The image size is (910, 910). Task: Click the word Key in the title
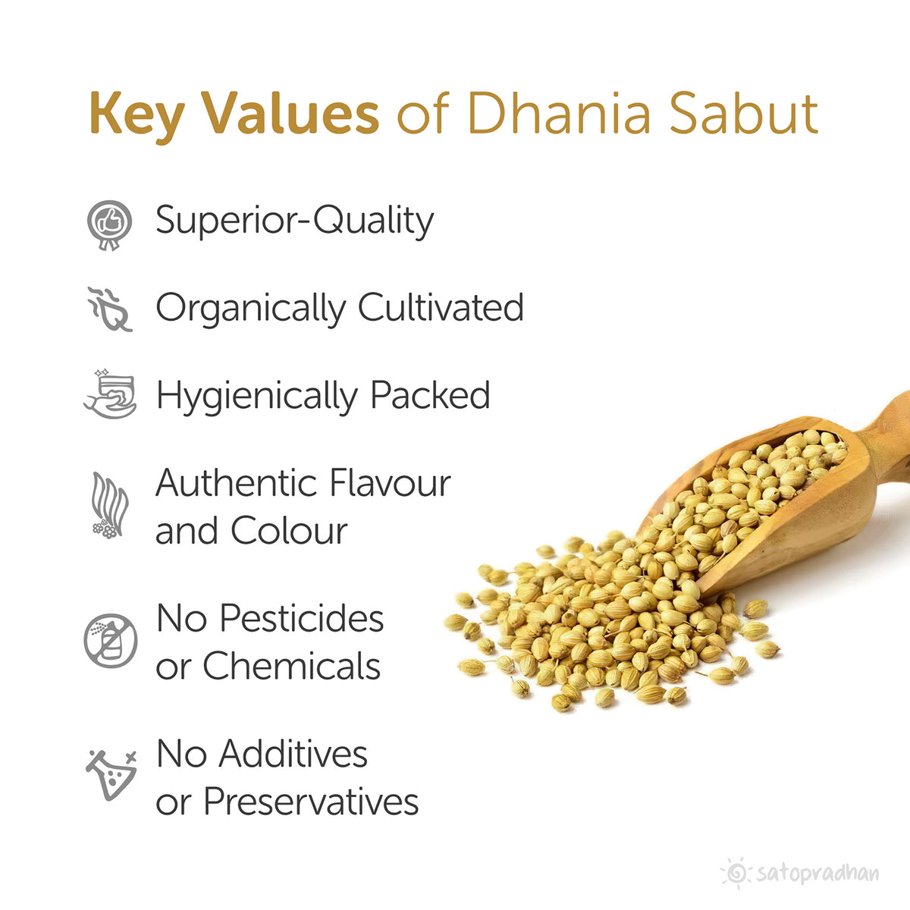point(136,114)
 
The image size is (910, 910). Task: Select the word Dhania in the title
point(559,114)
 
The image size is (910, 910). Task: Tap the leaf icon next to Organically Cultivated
point(109,309)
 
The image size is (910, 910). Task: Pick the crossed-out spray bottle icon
point(111,641)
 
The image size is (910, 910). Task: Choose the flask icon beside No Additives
point(111,773)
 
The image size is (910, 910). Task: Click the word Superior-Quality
point(294,221)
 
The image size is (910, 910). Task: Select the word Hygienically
point(256,396)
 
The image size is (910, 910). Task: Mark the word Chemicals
point(291,666)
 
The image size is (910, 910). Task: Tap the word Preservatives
point(311,801)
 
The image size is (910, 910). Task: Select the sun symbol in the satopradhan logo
point(734,873)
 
